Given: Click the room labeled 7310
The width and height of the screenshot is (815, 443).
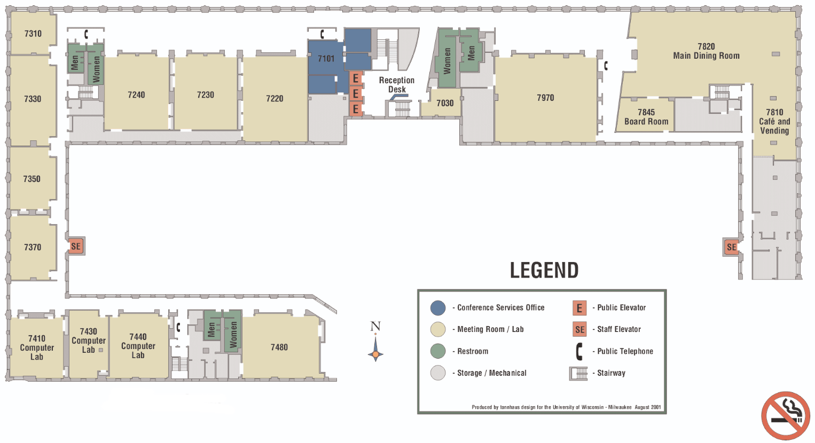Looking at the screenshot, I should pos(33,34).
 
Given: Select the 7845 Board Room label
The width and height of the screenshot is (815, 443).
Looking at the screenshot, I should pos(646,117).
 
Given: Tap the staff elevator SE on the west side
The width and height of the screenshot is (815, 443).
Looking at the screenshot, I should pos(76,246).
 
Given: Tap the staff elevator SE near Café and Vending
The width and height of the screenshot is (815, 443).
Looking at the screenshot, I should pos(731,247).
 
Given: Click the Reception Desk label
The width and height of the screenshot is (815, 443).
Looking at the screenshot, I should pos(397,85).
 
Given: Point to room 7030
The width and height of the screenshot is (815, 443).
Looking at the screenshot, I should pos(445,103).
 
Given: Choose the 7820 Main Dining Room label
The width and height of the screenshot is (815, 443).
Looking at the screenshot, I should pos(706,51).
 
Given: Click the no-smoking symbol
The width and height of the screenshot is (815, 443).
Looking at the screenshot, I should pos(785,416).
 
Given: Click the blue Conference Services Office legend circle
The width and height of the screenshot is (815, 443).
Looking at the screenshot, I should pos(438,307).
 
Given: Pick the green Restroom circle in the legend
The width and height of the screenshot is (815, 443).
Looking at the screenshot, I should pos(438,351).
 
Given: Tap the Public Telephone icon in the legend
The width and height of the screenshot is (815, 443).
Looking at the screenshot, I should pos(579,351).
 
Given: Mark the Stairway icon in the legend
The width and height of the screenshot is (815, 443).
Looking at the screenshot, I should pos(578,373).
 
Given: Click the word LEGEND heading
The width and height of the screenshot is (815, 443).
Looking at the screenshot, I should pos(544,271).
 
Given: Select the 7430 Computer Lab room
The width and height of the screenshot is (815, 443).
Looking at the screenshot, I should pos(89,341).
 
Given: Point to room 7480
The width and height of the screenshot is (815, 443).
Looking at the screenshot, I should pos(279,347).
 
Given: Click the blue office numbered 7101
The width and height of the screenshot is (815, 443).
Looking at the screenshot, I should pos(326,59).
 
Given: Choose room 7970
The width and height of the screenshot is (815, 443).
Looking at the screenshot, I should pos(545,98).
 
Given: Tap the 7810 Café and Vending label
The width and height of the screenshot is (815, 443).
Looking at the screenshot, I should pos(774,121).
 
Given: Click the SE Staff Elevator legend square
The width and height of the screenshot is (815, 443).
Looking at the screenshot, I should pos(579,329).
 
